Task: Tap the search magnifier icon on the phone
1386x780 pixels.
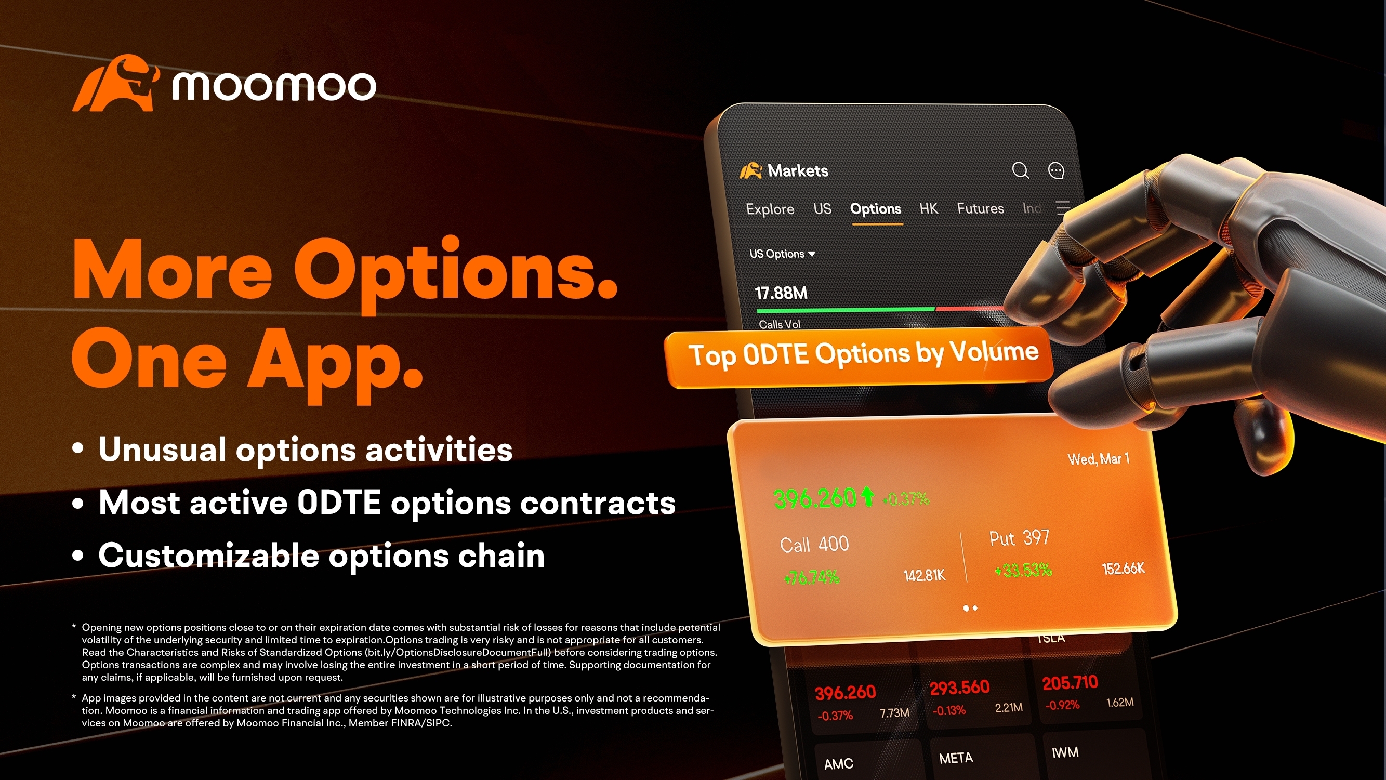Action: [1020, 170]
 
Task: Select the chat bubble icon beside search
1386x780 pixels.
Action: [1056, 170]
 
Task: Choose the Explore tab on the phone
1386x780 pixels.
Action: [770, 209]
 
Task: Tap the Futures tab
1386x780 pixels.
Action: [980, 208]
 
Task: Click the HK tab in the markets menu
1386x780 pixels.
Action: [929, 208]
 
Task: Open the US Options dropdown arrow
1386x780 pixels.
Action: [811, 254]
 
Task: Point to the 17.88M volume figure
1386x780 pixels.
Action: [781, 293]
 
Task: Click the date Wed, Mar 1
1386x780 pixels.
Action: [1098, 459]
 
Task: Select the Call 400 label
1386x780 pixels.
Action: [814, 545]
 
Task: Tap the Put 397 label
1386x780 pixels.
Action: [1019, 538]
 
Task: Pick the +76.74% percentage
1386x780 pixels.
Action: [811, 578]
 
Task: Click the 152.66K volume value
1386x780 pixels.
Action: [1124, 569]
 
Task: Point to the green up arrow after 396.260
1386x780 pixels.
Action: [867, 496]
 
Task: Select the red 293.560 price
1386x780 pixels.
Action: [959, 688]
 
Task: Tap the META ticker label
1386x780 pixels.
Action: [956, 759]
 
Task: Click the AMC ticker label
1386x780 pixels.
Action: [838, 764]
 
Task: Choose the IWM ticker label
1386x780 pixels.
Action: [1065, 752]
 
